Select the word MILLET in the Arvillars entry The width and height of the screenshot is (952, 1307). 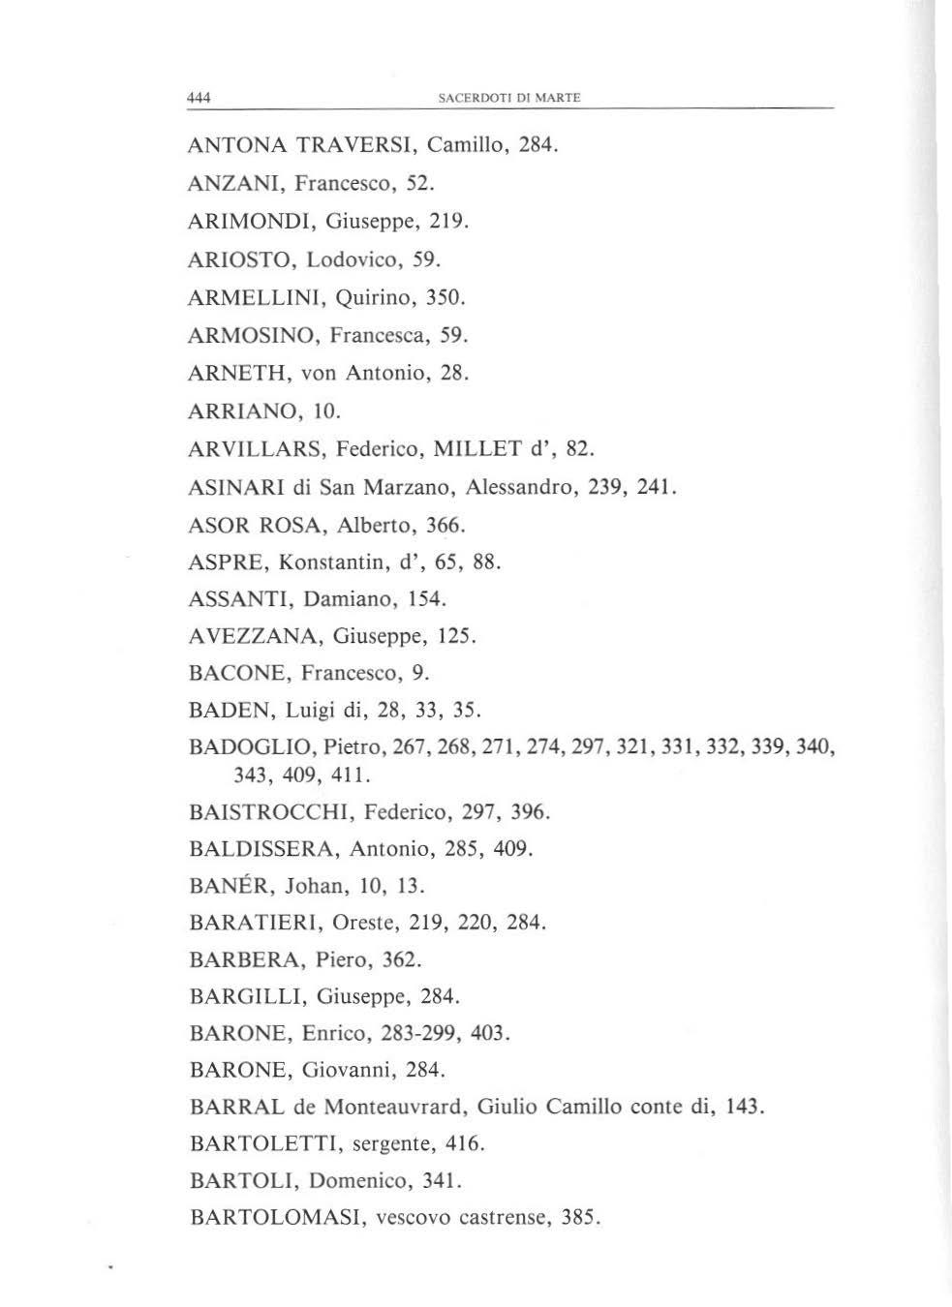point(476,448)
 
